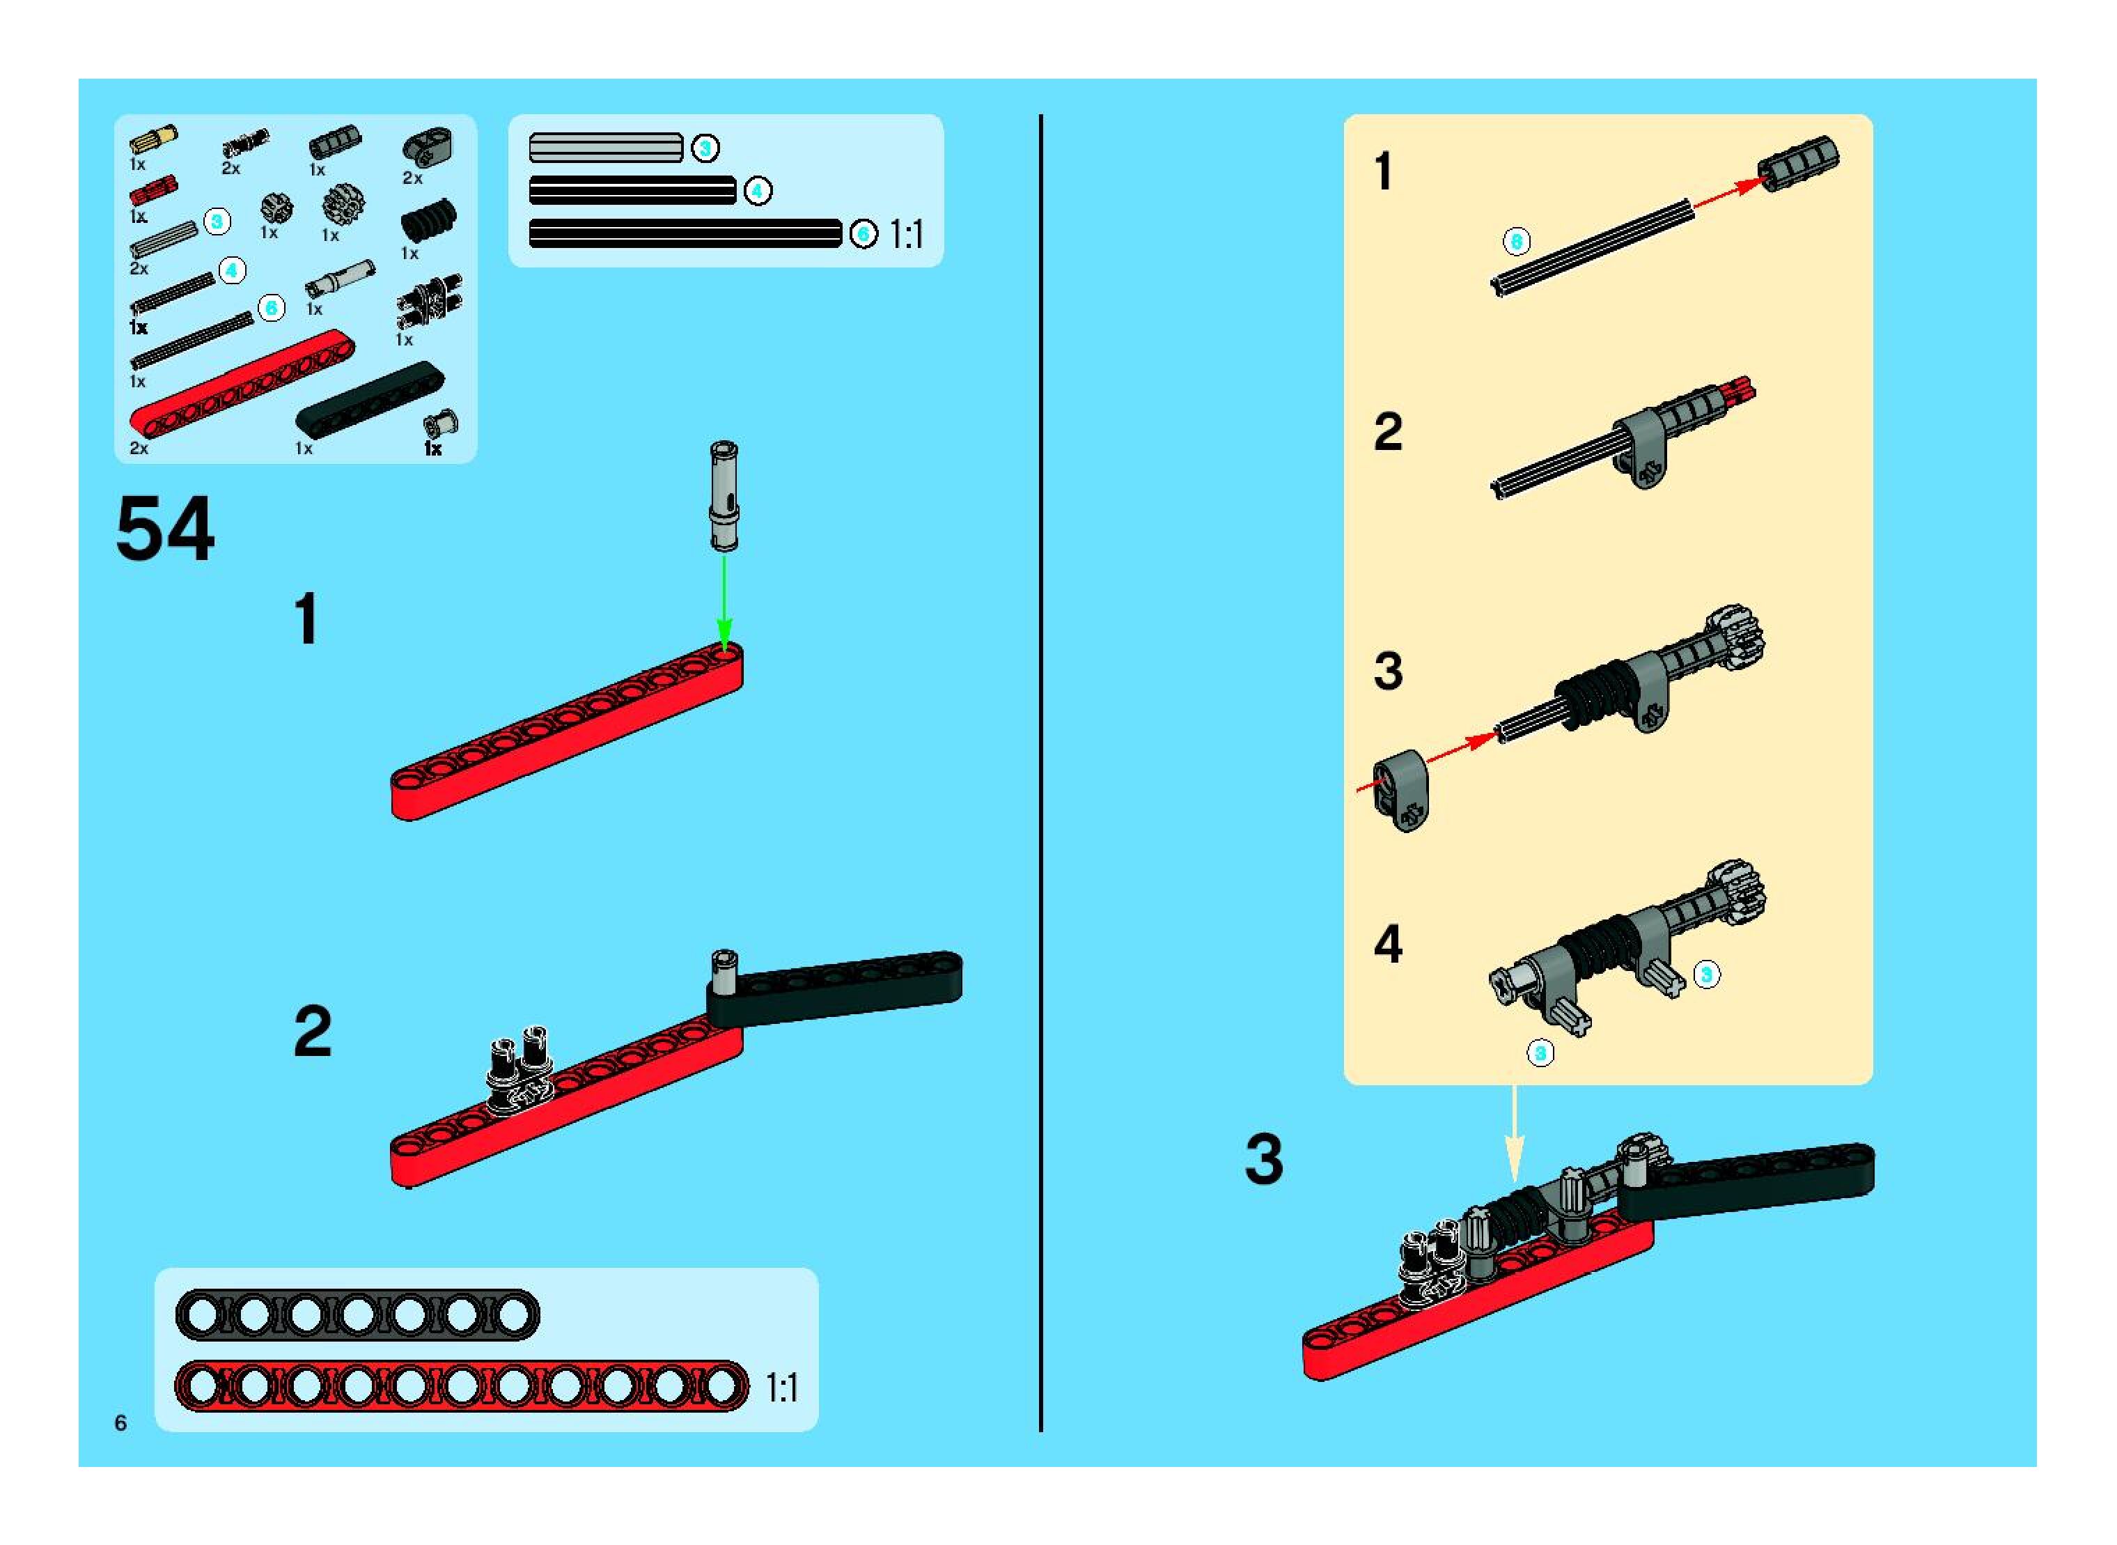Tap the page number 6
click(x=120, y=1422)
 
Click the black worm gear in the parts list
click(x=429, y=222)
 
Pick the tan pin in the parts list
click(x=153, y=139)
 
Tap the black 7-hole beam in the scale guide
click(x=357, y=1315)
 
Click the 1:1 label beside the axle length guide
click(x=906, y=234)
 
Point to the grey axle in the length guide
click(x=606, y=148)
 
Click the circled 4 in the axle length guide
click(x=758, y=192)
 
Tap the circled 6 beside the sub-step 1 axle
click(x=1516, y=241)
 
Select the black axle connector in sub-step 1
click(x=1797, y=164)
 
